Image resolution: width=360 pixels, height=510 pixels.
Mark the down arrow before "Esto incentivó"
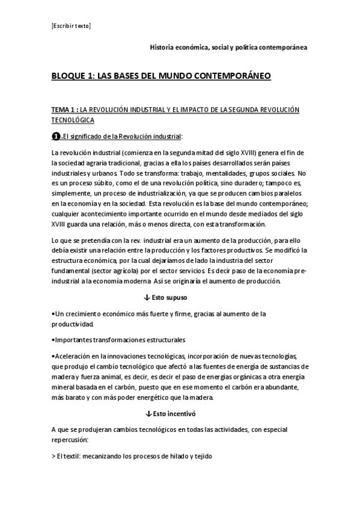click(x=147, y=414)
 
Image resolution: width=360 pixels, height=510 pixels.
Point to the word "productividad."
click(x=73, y=324)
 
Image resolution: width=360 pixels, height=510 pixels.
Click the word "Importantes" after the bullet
click(x=72, y=340)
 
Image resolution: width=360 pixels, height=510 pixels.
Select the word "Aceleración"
click(x=73, y=355)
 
